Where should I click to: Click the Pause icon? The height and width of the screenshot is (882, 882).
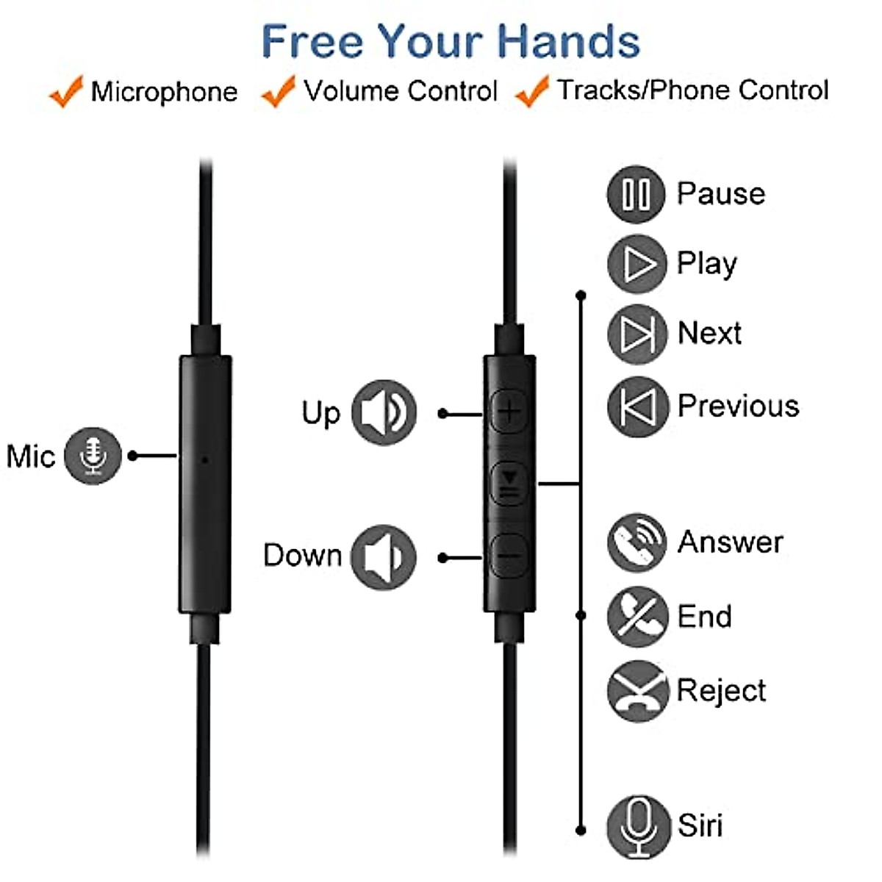[x=636, y=195]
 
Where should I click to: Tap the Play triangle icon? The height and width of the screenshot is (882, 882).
[x=637, y=264]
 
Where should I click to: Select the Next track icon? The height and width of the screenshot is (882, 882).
[x=637, y=334]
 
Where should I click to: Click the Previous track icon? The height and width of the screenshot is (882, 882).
[x=637, y=406]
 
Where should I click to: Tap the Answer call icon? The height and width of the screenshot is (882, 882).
[x=637, y=542]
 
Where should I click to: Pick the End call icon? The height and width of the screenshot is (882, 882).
[x=637, y=617]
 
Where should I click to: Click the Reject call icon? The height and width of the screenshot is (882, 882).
[x=637, y=691]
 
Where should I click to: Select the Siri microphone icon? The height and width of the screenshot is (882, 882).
[x=638, y=827]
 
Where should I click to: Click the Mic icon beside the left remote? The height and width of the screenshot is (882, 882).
[x=93, y=456]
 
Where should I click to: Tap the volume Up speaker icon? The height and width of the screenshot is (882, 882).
[x=384, y=412]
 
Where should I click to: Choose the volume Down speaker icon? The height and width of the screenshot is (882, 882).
[x=384, y=557]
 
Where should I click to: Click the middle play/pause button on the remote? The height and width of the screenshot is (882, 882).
[x=509, y=484]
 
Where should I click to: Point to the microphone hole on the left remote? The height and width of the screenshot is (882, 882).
[x=204, y=459]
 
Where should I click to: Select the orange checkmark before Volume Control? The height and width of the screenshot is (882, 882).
[x=279, y=91]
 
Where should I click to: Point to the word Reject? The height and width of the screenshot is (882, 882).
[x=721, y=691]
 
